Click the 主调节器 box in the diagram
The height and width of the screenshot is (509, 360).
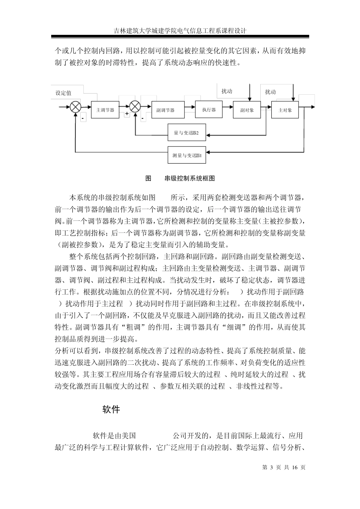tap(105, 110)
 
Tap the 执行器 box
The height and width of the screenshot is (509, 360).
tap(209, 109)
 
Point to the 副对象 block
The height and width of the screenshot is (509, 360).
tap(247, 110)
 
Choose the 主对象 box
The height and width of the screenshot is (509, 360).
tap(285, 110)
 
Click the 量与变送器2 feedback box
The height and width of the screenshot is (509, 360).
tap(187, 133)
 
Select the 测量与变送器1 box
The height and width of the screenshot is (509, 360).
tap(187, 155)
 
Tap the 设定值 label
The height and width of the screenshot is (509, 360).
tap(63, 93)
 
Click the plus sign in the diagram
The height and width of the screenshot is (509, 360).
tap(127, 114)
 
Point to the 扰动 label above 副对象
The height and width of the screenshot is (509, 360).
tap(227, 91)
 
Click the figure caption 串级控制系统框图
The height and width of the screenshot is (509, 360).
tap(190, 178)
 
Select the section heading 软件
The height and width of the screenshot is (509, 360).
tap(111, 409)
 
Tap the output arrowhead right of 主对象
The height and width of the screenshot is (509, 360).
tap(313, 107)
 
